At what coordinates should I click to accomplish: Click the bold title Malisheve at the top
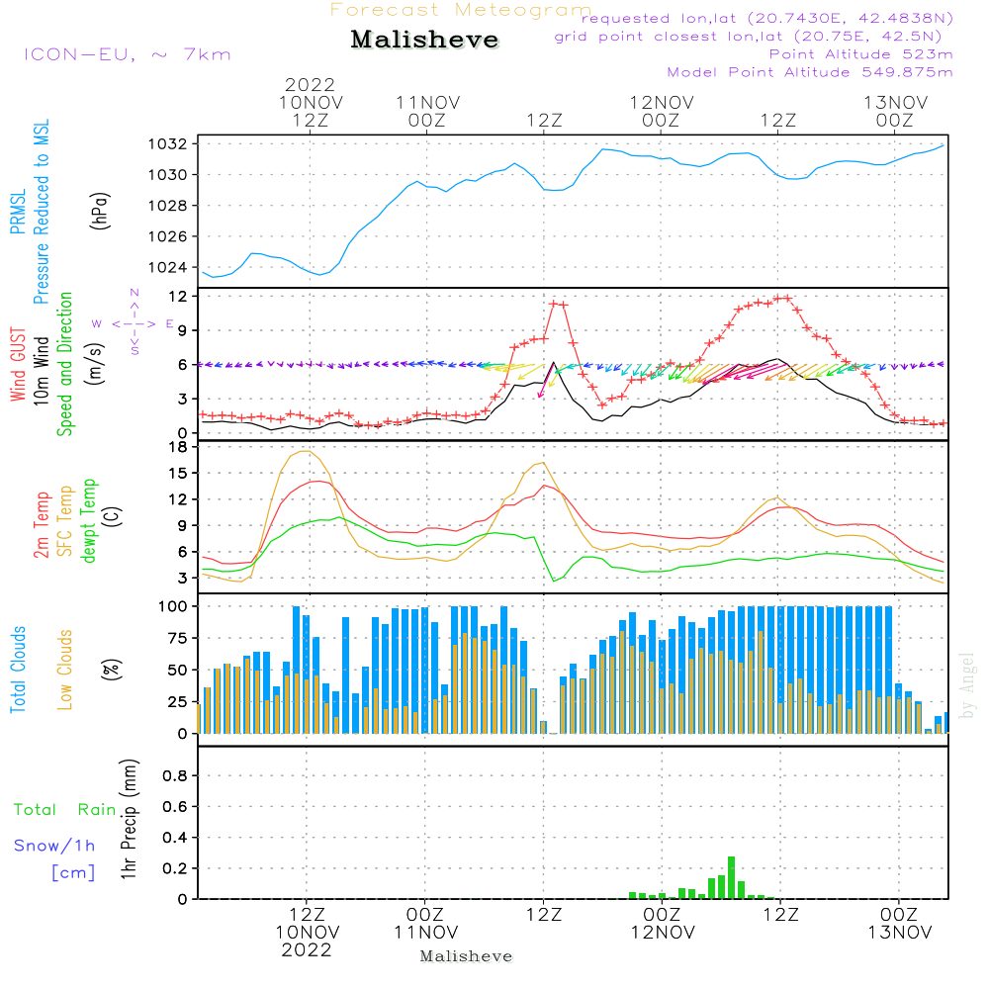tap(424, 40)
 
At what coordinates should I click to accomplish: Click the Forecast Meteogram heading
tap(461, 10)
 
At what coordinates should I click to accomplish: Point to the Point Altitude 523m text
tap(861, 54)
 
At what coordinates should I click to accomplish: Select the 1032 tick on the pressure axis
tap(168, 143)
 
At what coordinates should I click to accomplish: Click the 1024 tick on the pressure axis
tap(168, 267)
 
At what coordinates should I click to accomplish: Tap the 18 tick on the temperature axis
tap(178, 447)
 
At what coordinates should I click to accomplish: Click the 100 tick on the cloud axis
tap(173, 606)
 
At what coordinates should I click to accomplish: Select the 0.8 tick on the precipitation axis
tap(175, 775)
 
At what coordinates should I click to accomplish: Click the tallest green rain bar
tap(732, 877)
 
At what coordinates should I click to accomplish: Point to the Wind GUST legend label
tap(18, 365)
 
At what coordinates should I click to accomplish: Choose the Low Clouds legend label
tap(65, 670)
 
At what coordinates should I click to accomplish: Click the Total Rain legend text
tap(65, 809)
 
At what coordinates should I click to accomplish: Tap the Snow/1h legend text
tap(54, 846)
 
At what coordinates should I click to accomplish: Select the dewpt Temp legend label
tap(88, 520)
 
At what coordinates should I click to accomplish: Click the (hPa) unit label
tap(99, 211)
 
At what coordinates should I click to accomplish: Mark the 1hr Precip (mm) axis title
tap(129, 819)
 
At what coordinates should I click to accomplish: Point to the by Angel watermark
tap(966, 685)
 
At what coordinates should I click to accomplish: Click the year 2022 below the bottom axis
tap(307, 949)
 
